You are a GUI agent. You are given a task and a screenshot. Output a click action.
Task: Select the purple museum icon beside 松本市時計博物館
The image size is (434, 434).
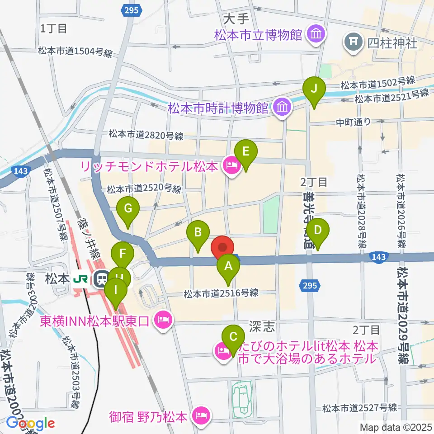point(283,108)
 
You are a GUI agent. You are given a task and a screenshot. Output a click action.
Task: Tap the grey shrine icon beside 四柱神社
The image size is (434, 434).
point(353,43)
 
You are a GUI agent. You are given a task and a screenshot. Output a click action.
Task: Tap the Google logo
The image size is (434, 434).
point(30,423)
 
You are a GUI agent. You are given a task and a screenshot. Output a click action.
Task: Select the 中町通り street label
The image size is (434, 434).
point(353,121)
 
